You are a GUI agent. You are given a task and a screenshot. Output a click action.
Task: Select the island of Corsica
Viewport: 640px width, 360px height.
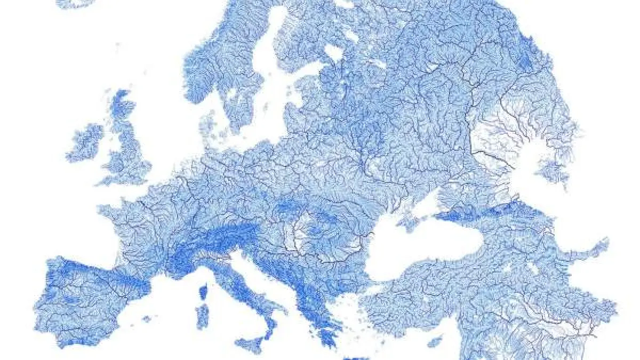coord(203,293)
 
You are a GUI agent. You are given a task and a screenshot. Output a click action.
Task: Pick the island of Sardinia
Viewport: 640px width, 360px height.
coord(202,316)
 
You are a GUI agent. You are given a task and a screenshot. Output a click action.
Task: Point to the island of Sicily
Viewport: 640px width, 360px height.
coord(250,344)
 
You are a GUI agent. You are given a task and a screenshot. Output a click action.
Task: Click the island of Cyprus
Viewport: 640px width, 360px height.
coord(435,341)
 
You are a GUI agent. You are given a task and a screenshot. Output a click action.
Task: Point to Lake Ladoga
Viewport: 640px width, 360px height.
coord(334,52)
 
